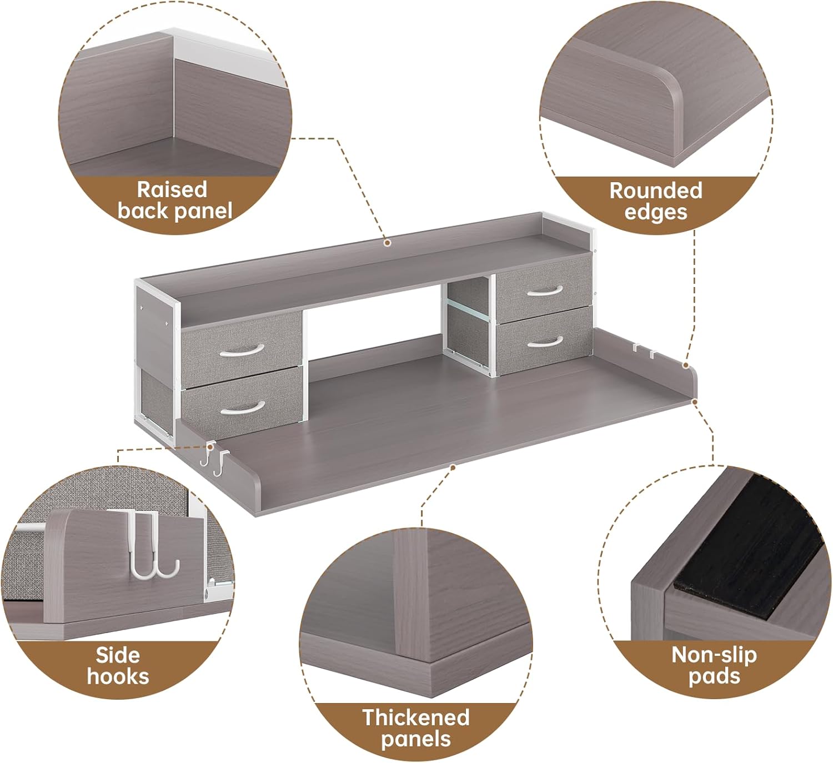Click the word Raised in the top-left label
(172, 190)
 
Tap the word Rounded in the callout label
(656, 191)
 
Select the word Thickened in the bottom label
(416, 717)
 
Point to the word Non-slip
(714, 655)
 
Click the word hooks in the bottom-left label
(118, 676)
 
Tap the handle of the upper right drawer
(544, 292)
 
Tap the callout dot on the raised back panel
(388, 243)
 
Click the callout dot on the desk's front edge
(453, 468)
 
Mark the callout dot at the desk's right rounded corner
(686, 365)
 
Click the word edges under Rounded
(656, 212)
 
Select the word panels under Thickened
(416, 739)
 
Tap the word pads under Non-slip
(714, 676)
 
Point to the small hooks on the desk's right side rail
(644, 350)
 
